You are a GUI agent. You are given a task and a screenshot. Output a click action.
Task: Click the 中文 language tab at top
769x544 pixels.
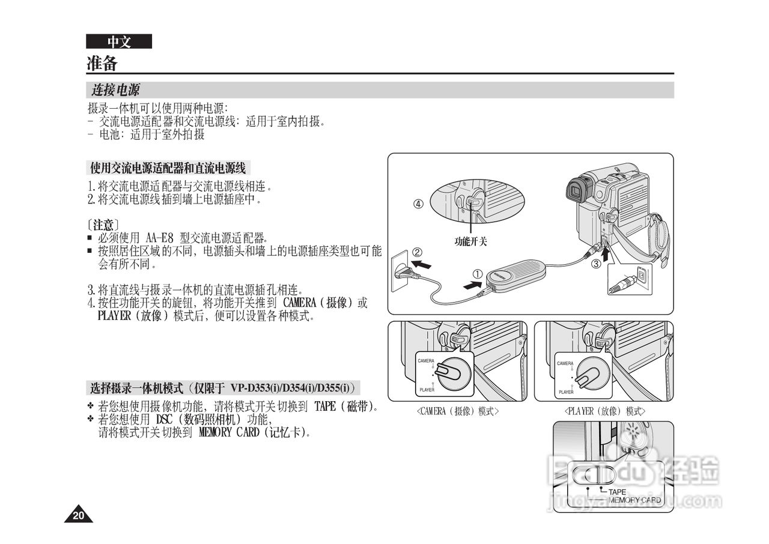point(118,41)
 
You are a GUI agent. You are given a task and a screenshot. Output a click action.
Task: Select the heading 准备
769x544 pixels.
point(102,63)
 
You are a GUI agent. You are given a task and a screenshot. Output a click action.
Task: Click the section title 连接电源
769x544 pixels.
point(115,90)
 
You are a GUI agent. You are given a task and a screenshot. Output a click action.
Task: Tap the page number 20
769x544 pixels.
point(78,515)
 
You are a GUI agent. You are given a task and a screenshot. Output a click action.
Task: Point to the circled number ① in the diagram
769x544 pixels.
point(476,274)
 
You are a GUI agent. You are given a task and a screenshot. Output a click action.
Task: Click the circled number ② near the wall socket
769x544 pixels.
point(416,252)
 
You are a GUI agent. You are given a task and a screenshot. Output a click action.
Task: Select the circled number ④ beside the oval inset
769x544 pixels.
point(418,204)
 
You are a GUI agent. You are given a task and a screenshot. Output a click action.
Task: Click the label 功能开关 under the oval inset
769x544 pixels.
point(470,241)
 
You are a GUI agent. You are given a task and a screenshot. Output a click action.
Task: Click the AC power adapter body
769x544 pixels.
point(517,274)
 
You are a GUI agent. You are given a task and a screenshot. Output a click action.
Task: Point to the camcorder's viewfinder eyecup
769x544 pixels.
point(577,191)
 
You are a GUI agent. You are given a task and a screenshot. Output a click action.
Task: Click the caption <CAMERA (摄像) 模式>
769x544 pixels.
point(457,411)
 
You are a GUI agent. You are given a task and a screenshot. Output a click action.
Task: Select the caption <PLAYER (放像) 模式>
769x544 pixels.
point(604,411)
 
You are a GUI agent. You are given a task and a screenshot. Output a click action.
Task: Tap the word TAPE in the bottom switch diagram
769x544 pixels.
point(617,492)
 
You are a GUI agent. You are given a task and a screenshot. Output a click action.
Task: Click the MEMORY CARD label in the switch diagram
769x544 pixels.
point(635,500)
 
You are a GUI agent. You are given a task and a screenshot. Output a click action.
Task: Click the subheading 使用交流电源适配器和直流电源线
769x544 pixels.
point(168,168)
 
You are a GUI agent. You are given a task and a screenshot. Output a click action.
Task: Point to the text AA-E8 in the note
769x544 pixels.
point(159,238)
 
